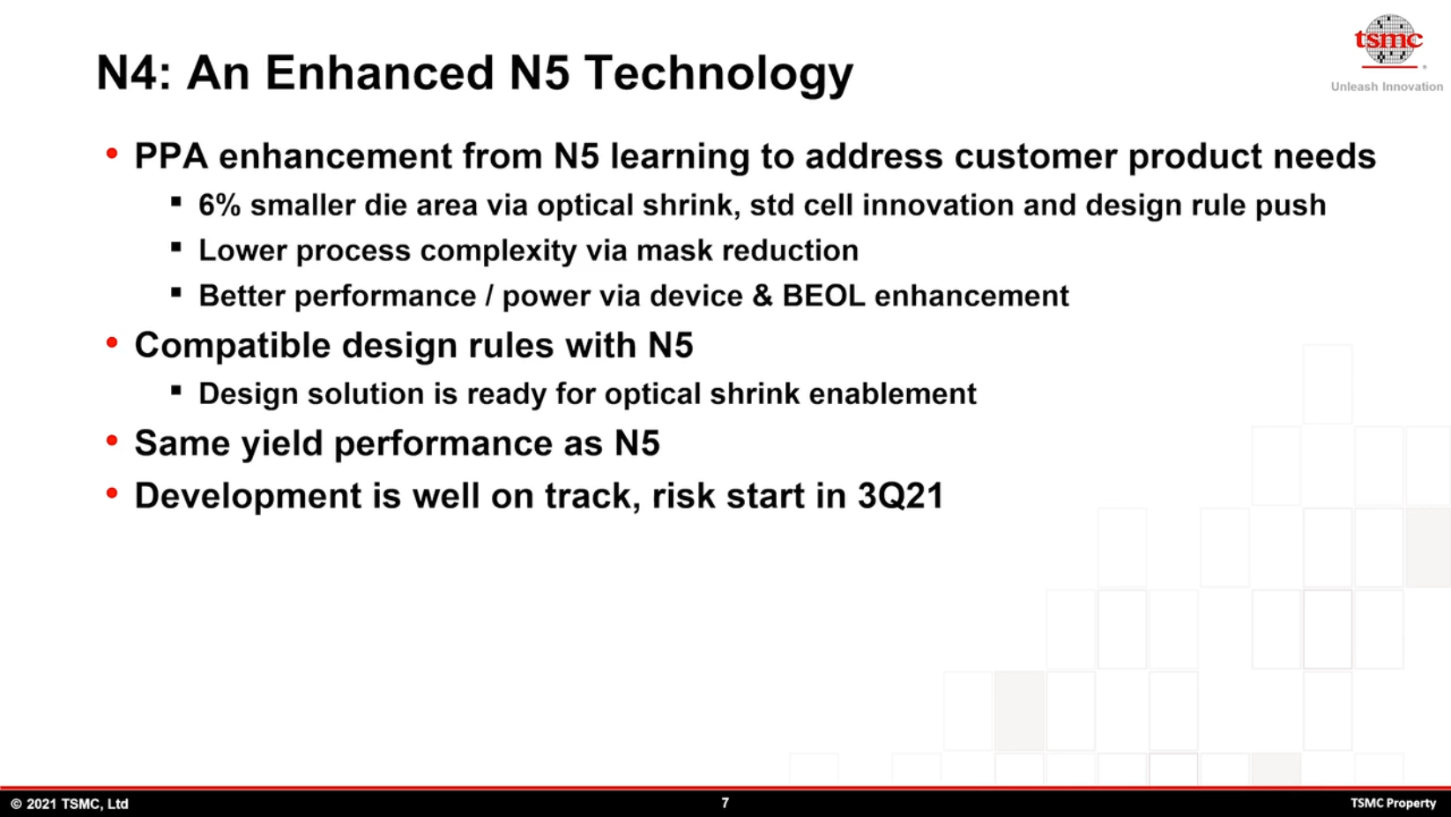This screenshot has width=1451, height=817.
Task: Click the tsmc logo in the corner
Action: (x=1388, y=41)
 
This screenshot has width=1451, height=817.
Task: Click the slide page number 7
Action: (x=725, y=803)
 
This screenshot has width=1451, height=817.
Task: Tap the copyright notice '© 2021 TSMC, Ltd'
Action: (x=70, y=804)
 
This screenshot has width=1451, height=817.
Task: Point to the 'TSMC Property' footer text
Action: (x=1393, y=804)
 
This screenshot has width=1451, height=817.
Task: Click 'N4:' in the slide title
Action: (x=134, y=72)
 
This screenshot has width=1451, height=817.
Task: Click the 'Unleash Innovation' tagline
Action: (x=1387, y=86)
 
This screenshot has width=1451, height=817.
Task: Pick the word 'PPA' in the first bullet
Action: (x=171, y=156)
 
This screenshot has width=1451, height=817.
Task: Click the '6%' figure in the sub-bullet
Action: (x=220, y=205)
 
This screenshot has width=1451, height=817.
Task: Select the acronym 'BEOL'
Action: (x=823, y=296)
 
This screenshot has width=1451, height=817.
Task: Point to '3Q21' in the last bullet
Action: (x=901, y=496)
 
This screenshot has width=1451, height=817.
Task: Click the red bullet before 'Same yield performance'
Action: (x=112, y=441)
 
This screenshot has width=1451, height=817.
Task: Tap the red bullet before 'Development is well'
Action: (x=112, y=493)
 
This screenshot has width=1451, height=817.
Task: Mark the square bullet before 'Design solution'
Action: (x=176, y=390)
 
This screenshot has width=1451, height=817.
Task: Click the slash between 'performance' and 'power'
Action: (x=489, y=296)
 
